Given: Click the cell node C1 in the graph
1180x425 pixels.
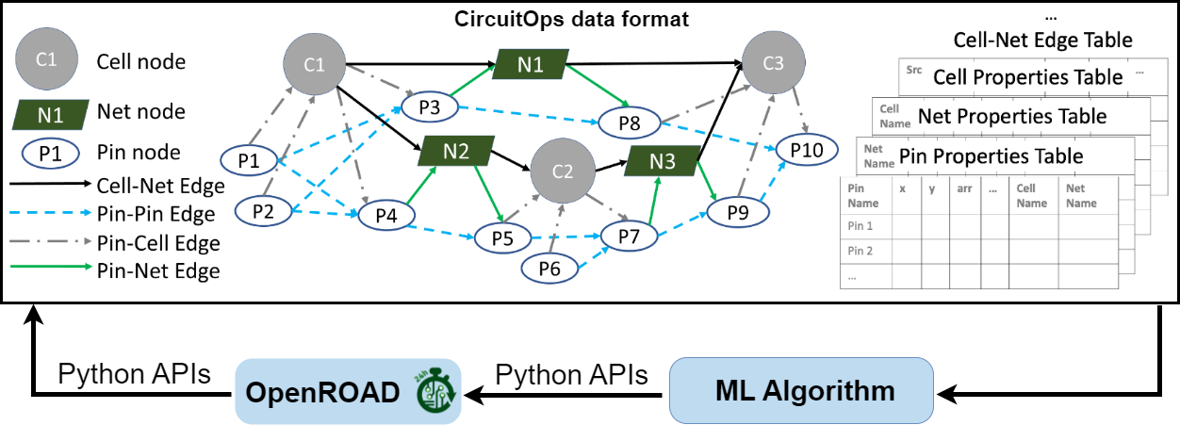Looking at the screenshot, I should (x=315, y=65).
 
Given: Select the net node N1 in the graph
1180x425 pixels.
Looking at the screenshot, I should (x=530, y=65).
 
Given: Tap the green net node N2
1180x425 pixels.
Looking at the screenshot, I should (x=456, y=151).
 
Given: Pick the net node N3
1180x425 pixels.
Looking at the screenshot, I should (x=663, y=161).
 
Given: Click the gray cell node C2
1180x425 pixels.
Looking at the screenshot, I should (x=562, y=172).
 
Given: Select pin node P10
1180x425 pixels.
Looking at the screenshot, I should (x=806, y=149).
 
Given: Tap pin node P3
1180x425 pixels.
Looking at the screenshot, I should (x=429, y=107).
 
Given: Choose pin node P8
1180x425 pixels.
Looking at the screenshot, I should (x=630, y=123).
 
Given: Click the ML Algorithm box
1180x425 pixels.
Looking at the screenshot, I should (x=801, y=390).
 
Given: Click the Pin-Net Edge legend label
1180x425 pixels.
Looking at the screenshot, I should (x=158, y=271).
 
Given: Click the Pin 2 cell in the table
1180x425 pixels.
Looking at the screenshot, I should (x=862, y=251).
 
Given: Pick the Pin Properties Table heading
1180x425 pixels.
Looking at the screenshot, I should (x=992, y=155).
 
